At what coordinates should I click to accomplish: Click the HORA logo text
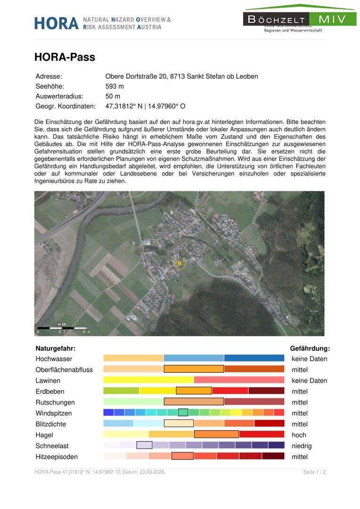click(x=56, y=23)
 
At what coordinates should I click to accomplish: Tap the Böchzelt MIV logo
click(x=300, y=19)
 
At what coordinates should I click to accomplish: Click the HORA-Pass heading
click(x=65, y=57)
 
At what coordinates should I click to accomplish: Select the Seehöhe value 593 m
click(x=115, y=86)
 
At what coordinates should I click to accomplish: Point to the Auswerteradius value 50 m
click(x=113, y=96)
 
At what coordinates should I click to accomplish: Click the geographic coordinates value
click(x=145, y=107)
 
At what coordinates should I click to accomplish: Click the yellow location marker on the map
click(x=179, y=263)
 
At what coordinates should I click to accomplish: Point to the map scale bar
click(x=62, y=328)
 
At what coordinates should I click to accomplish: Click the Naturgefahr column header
click(x=56, y=349)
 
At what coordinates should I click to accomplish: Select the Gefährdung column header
click(x=310, y=349)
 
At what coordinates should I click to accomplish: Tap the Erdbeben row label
click(x=50, y=391)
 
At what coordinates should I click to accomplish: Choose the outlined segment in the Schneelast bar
click(x=144, y=445)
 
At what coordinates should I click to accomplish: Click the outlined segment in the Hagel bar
click(x=216, y=435)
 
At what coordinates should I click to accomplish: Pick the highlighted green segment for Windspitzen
click(x=183, y=412)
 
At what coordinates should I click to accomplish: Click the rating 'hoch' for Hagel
click(x=299, y=435)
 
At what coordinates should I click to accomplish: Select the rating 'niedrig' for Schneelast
click(x=302, y=446)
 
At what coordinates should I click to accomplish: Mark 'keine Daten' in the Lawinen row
click(x=309, y=380)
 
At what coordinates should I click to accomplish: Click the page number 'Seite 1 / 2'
click(x=315, y=472)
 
